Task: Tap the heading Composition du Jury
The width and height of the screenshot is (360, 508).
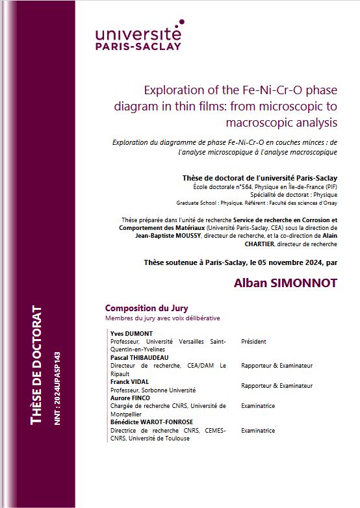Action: tap(146, 308)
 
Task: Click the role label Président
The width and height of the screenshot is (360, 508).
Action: tap(254, 341)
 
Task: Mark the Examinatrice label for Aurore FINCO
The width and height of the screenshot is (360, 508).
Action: tap(258, 406)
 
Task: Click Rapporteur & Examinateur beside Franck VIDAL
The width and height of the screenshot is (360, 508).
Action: tap(276, 386)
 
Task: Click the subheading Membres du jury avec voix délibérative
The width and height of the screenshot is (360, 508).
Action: tap(162, 318)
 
